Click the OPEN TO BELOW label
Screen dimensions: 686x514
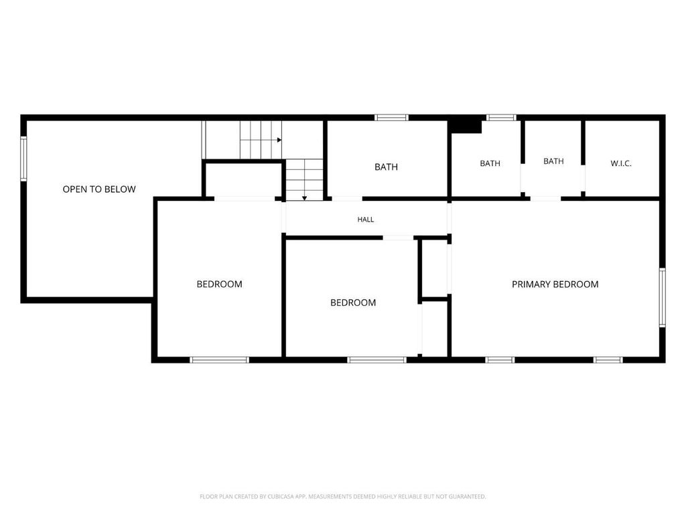tap(99, 189)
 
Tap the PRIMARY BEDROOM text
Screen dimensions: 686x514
tap(555, 284)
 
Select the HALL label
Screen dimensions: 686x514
tap(365, 220)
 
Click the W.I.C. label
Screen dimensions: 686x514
tap(621, 163)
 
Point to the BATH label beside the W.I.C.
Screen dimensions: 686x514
tap(553, 161)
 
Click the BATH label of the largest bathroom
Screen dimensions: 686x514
tap(386, 167)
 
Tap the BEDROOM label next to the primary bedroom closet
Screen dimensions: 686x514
tap(352, 303)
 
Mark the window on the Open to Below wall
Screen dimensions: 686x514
tap(23, 158)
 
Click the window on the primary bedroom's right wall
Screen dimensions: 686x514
tap(662, 297)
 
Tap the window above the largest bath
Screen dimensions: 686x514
tap(391, 117)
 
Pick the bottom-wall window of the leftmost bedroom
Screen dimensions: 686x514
tap(220, 359)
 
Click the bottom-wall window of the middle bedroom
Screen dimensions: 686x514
tap(376, 359)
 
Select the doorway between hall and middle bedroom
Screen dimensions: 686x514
tap(398, 238)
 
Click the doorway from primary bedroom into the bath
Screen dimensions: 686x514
tap(545, 199)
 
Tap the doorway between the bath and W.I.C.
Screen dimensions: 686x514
tap(583, 178)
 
